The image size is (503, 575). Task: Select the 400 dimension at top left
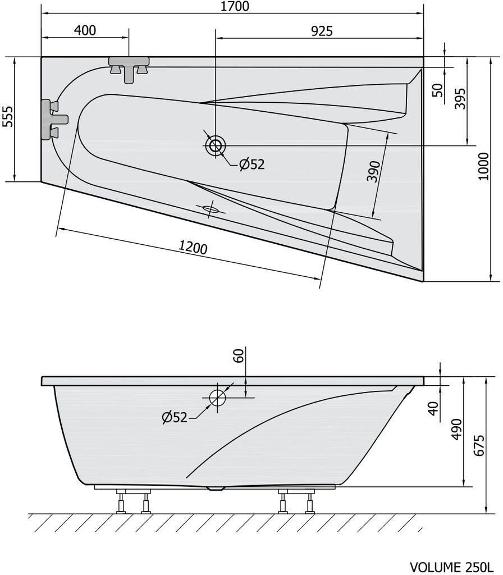pyautogui.click(x=85, y=30)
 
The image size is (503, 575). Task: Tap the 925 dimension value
pyautogui.click(x=322, y=31)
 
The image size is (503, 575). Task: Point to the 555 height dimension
pyautogui.click(x=8, y=116)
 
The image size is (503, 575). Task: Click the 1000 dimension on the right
pyautogui.click(x=484, y=166)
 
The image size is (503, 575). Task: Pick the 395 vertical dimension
pyautogui.click(x=460, y=98)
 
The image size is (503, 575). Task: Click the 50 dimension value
pyautogui.click(x=438, y=90)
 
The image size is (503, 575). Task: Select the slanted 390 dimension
pyautogui.click(x=374, y=171)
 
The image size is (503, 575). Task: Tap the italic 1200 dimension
pyautogui.click(x=193, y=248)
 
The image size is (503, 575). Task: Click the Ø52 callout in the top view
pyautogui.click(x=252, y=165)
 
